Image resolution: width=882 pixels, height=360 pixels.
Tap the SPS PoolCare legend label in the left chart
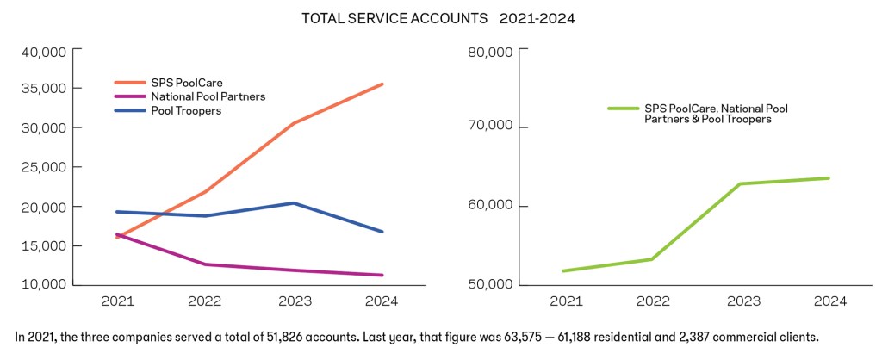(x=187, y=83)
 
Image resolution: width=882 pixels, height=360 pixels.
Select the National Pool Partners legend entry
(x=208, y=96)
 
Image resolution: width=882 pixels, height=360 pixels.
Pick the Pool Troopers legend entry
(x=186, y=110)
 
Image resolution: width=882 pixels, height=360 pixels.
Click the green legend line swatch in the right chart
(x=623, y=109)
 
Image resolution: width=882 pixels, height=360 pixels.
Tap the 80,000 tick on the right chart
(x=490, y=52)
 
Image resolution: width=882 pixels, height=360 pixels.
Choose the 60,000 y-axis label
(x=490, y=207)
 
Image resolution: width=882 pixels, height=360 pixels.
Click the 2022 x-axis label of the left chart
(x=205, y=302)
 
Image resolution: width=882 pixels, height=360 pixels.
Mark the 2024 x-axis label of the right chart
(x=829, y=302)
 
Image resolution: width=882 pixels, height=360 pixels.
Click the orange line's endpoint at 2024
(x=382, y=84)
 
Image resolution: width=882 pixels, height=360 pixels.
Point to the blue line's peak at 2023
(x=293, y=203)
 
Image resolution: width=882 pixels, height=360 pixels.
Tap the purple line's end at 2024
(x=382, y=276)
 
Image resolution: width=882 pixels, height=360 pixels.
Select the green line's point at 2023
(x=739, y=183)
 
